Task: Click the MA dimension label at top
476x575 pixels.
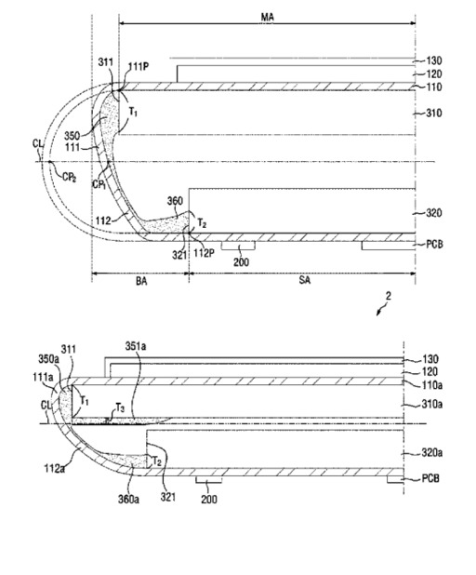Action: click(267, 17)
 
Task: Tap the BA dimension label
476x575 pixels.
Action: click(141, 281)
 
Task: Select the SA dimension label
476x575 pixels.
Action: click(305, 280)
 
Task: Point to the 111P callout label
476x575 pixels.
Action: click(139, 67)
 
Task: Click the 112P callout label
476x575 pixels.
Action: click(204, 253)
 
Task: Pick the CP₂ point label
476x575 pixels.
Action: click(69, 177)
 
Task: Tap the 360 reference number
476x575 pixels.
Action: click(175, 201)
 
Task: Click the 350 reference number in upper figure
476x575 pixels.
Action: click(72, 136)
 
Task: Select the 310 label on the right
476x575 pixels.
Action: click(434, 113)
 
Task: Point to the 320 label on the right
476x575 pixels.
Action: click(434, 213)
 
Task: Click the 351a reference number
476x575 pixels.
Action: click(136, 346)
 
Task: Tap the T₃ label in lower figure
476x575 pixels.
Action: click(120, 408)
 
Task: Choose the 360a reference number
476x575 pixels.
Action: click(128, 499)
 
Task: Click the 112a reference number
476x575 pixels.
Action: click(54, 468)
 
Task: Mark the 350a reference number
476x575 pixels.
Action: click(48, 358)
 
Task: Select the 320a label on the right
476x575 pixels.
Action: click(431, 453)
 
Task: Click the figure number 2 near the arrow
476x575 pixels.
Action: click(389, 296)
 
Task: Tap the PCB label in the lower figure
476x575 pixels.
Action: click(431, 478)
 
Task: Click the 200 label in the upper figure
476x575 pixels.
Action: click(241, 261)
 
